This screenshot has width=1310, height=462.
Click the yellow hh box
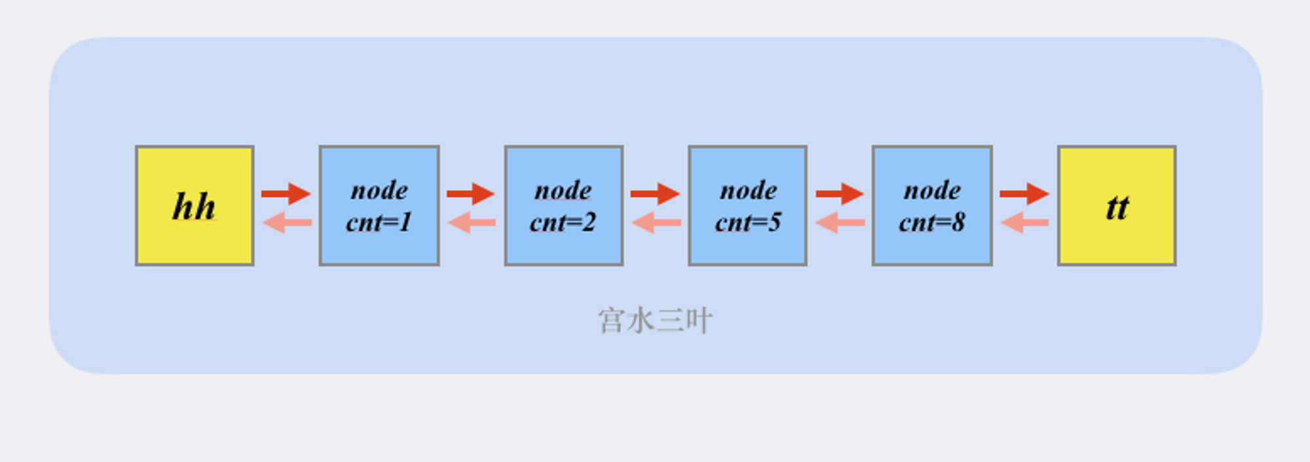(195, 206)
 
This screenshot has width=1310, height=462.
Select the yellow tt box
(1117, 206)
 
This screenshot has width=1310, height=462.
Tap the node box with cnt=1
(379, 206)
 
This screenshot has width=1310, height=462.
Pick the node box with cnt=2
(563, 206)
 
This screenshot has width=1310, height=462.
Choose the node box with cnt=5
(747, 206)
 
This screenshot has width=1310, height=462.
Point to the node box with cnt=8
(932, 206)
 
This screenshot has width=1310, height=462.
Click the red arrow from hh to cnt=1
(286, 193)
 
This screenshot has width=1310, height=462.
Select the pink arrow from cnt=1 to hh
(287, 223)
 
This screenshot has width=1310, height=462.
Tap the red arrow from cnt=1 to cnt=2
(470, 193)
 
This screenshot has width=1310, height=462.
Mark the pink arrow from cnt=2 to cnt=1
(472, 223)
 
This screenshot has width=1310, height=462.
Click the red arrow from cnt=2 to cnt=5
(655, 193)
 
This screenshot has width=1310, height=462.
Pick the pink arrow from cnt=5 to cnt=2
(656, 223)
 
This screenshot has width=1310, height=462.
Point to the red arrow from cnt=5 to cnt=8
(840, 193)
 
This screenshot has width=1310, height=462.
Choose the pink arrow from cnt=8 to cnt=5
(840, 223)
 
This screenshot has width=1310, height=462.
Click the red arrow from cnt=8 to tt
(1024, 193)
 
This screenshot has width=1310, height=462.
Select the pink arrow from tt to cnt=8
(1025, 223)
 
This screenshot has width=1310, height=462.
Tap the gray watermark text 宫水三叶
(655, 321)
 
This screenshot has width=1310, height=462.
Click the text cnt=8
(932, 222)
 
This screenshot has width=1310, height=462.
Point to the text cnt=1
(379, 222)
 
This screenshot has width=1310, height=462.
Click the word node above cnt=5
(749, 191)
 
